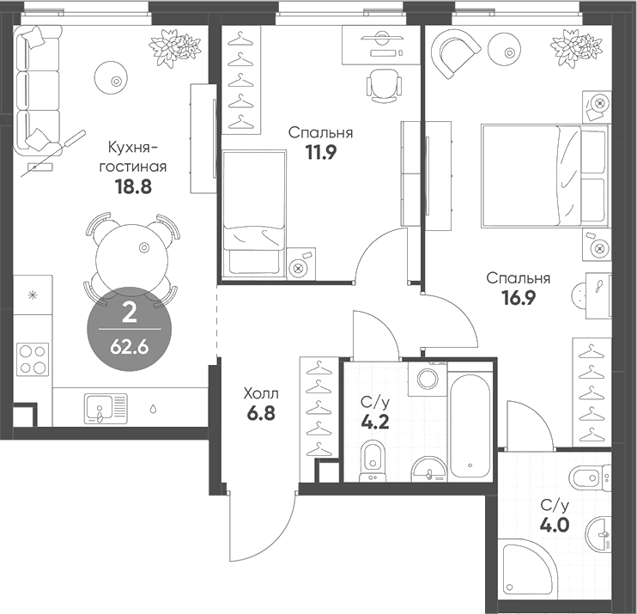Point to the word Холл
coord(260,393)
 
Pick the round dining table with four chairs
coord(131,255)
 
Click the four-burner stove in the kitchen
coord(33,358)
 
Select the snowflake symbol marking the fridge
coord(33,296)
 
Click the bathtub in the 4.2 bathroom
coord(471,425)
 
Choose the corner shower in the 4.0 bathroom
coord(525,570)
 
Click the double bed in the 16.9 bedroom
coord(544,177)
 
